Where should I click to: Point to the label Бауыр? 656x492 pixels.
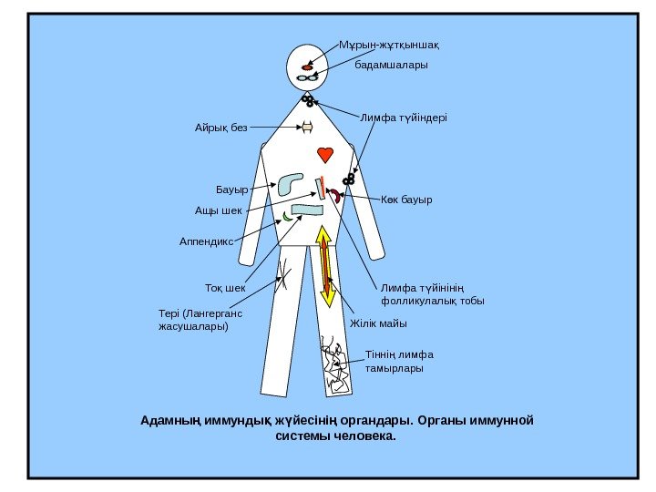pos(231,190)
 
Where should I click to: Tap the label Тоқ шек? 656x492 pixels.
pos(226,289)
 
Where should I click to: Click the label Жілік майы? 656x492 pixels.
pos(378,323)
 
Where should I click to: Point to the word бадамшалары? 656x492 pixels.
pos(390,66)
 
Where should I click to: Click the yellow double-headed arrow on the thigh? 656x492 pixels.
pos(326,266)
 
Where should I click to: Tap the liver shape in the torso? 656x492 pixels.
pos(292,184)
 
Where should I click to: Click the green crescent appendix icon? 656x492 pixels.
pos(287,216)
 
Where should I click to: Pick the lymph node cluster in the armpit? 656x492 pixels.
pos(347,179)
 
